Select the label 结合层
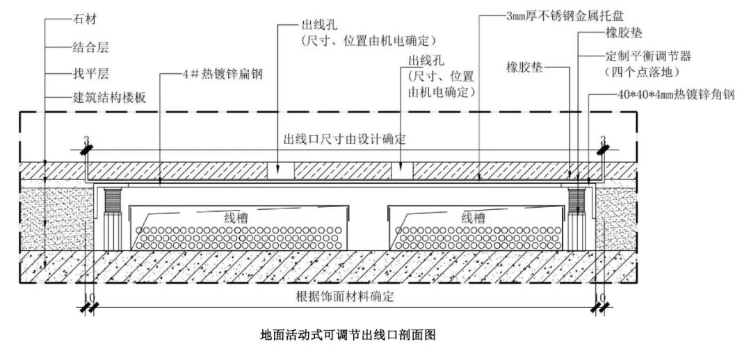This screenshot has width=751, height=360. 90,48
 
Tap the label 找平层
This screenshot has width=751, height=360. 90,73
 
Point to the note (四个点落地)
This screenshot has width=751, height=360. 642,72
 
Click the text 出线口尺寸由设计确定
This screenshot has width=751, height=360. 344,139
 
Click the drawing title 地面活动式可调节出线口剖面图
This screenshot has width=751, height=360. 347,335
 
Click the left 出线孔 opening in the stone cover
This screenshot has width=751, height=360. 283,170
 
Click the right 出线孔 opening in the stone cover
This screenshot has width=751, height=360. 402,170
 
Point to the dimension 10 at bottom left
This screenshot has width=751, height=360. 86,296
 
